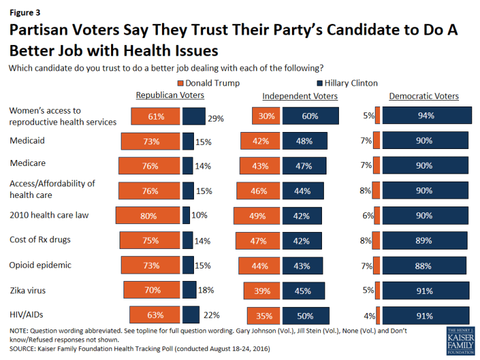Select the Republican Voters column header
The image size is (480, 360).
170,96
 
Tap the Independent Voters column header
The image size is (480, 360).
300,96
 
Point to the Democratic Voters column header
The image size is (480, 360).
424,96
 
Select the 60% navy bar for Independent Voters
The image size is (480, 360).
311,116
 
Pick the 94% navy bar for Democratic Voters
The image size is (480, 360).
426,116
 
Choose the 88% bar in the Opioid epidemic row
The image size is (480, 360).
424,265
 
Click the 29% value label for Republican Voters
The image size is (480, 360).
216,119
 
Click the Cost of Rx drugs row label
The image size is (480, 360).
40,240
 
